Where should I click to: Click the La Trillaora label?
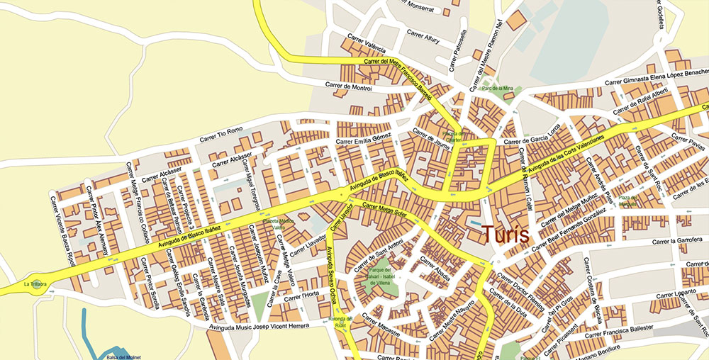(x=35, y=284)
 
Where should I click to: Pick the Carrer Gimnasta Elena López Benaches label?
(x=656, y=77)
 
